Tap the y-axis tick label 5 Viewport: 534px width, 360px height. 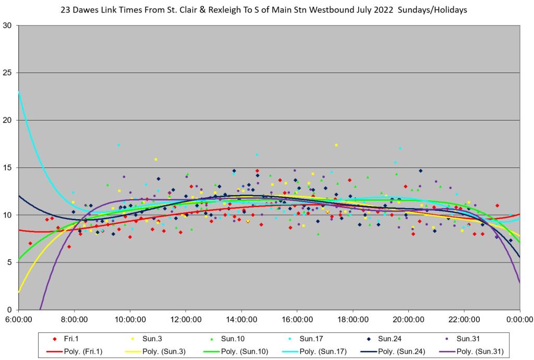click(x=9, y=262)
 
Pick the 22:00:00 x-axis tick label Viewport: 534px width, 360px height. click(x=464, y=318)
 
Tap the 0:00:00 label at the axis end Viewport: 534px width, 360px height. click(x=519, y=318)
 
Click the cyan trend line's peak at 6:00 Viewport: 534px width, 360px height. click(x=19, y=92)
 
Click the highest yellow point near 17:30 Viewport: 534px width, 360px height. click(x=336, y=145)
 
